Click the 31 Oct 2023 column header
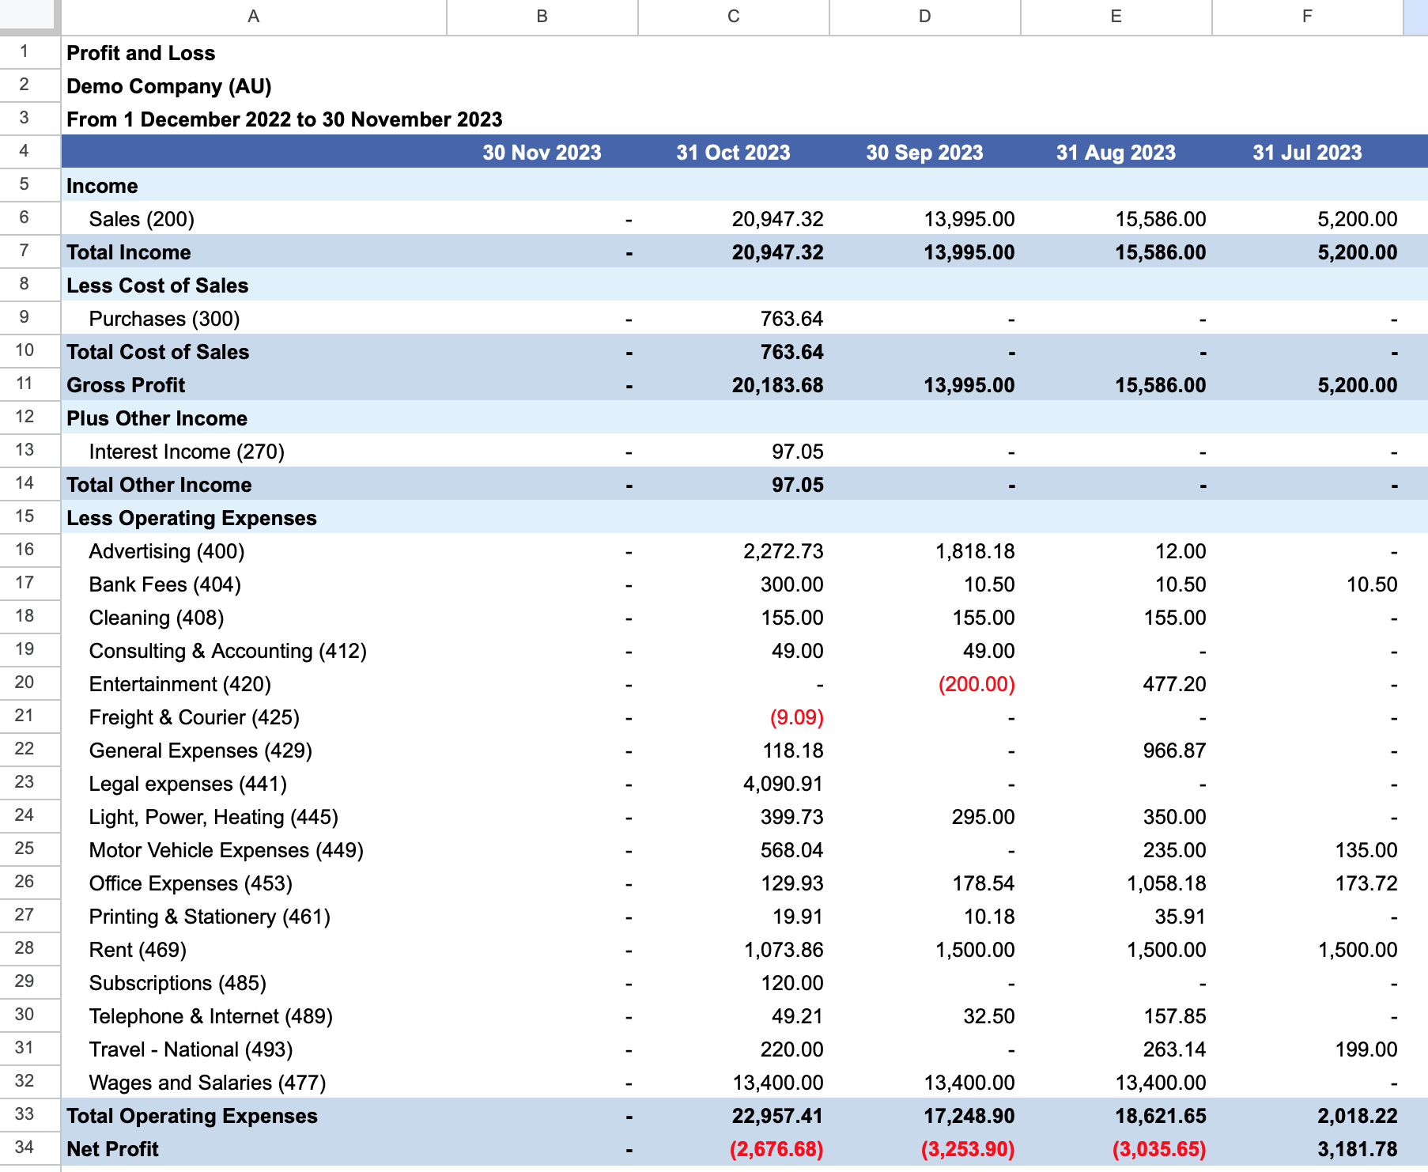tap(733, 153)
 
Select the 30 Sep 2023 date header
tap(924, 153)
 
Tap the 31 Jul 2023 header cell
tap(1307, 153)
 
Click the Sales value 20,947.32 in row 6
tap(777, 219)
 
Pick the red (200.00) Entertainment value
tap(977, 684)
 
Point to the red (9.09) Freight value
tap(797, 717)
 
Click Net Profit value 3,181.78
tap(1357, 1149)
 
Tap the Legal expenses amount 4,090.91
tap(783, 784)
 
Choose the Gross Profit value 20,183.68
tap(777, 385)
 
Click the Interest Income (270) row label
tap(187, 452)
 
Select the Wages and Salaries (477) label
tap(207, 1083)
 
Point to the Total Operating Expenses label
tap(192, 1116)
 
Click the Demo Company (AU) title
tap(169, 86)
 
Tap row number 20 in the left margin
tap(25, 682)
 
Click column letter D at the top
tap(924, 17)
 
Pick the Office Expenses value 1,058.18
tap(1166, 883)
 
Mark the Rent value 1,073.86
tap(784, 950)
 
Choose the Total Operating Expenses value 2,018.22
tap(1357, 1116)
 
